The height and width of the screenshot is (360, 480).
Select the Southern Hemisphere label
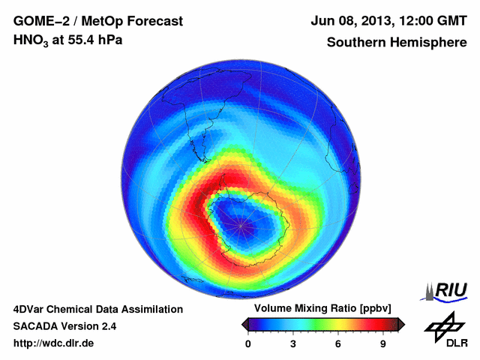(x=396, y=43)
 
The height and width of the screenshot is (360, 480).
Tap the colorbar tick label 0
(x=248, y=344)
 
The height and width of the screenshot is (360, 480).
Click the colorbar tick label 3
(x=293, y=344)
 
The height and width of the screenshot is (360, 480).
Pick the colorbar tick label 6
(x=338, y=344)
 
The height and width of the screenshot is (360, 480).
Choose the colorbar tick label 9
(x=382, y=344)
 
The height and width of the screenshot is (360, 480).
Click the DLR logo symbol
(x=442, y=326)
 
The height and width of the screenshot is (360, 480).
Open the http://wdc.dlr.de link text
(x=53, y=343)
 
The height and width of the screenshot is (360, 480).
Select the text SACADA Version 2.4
(x=64, y=326)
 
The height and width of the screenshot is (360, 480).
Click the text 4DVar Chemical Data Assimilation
(x=97, y=309)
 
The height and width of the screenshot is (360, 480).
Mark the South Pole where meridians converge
(x=241, y=223)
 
